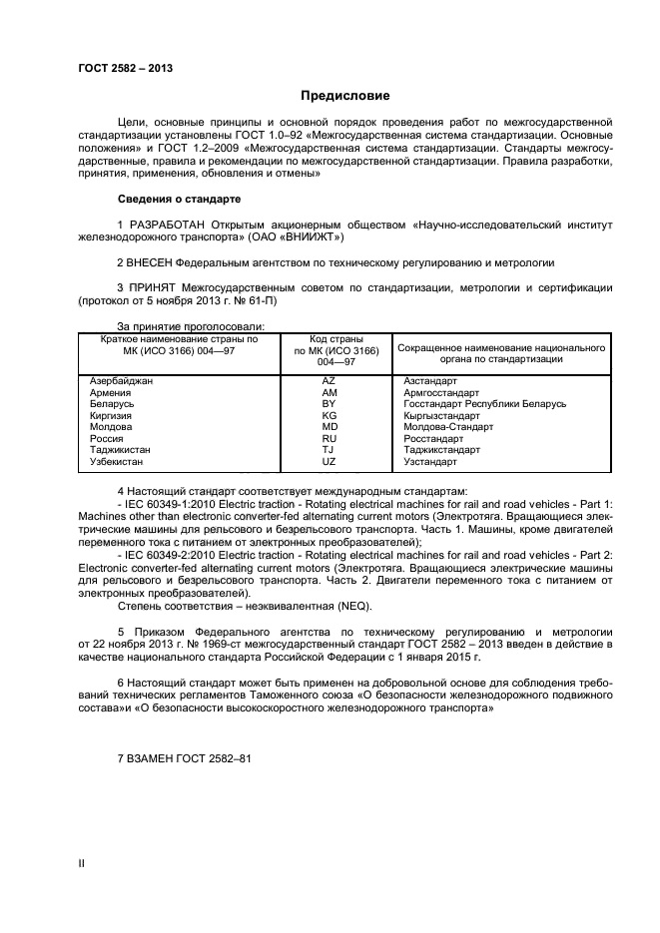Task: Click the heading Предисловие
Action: [x=345, y=96]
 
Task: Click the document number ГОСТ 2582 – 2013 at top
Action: [x=125, y=69]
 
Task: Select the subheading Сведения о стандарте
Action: [x=179, y=199]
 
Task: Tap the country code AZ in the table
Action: [x=329, y=380]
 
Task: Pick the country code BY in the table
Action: [x=329, y=403]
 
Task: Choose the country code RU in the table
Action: [x=329, y=438]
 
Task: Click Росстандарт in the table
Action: [x=433, y=438]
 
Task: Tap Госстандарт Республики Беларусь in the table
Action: [x=484, y=403]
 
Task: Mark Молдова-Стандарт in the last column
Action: [x=448, y=426]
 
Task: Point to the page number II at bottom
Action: [x=82, y=863]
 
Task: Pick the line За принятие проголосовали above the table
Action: [x=191, y=325]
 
